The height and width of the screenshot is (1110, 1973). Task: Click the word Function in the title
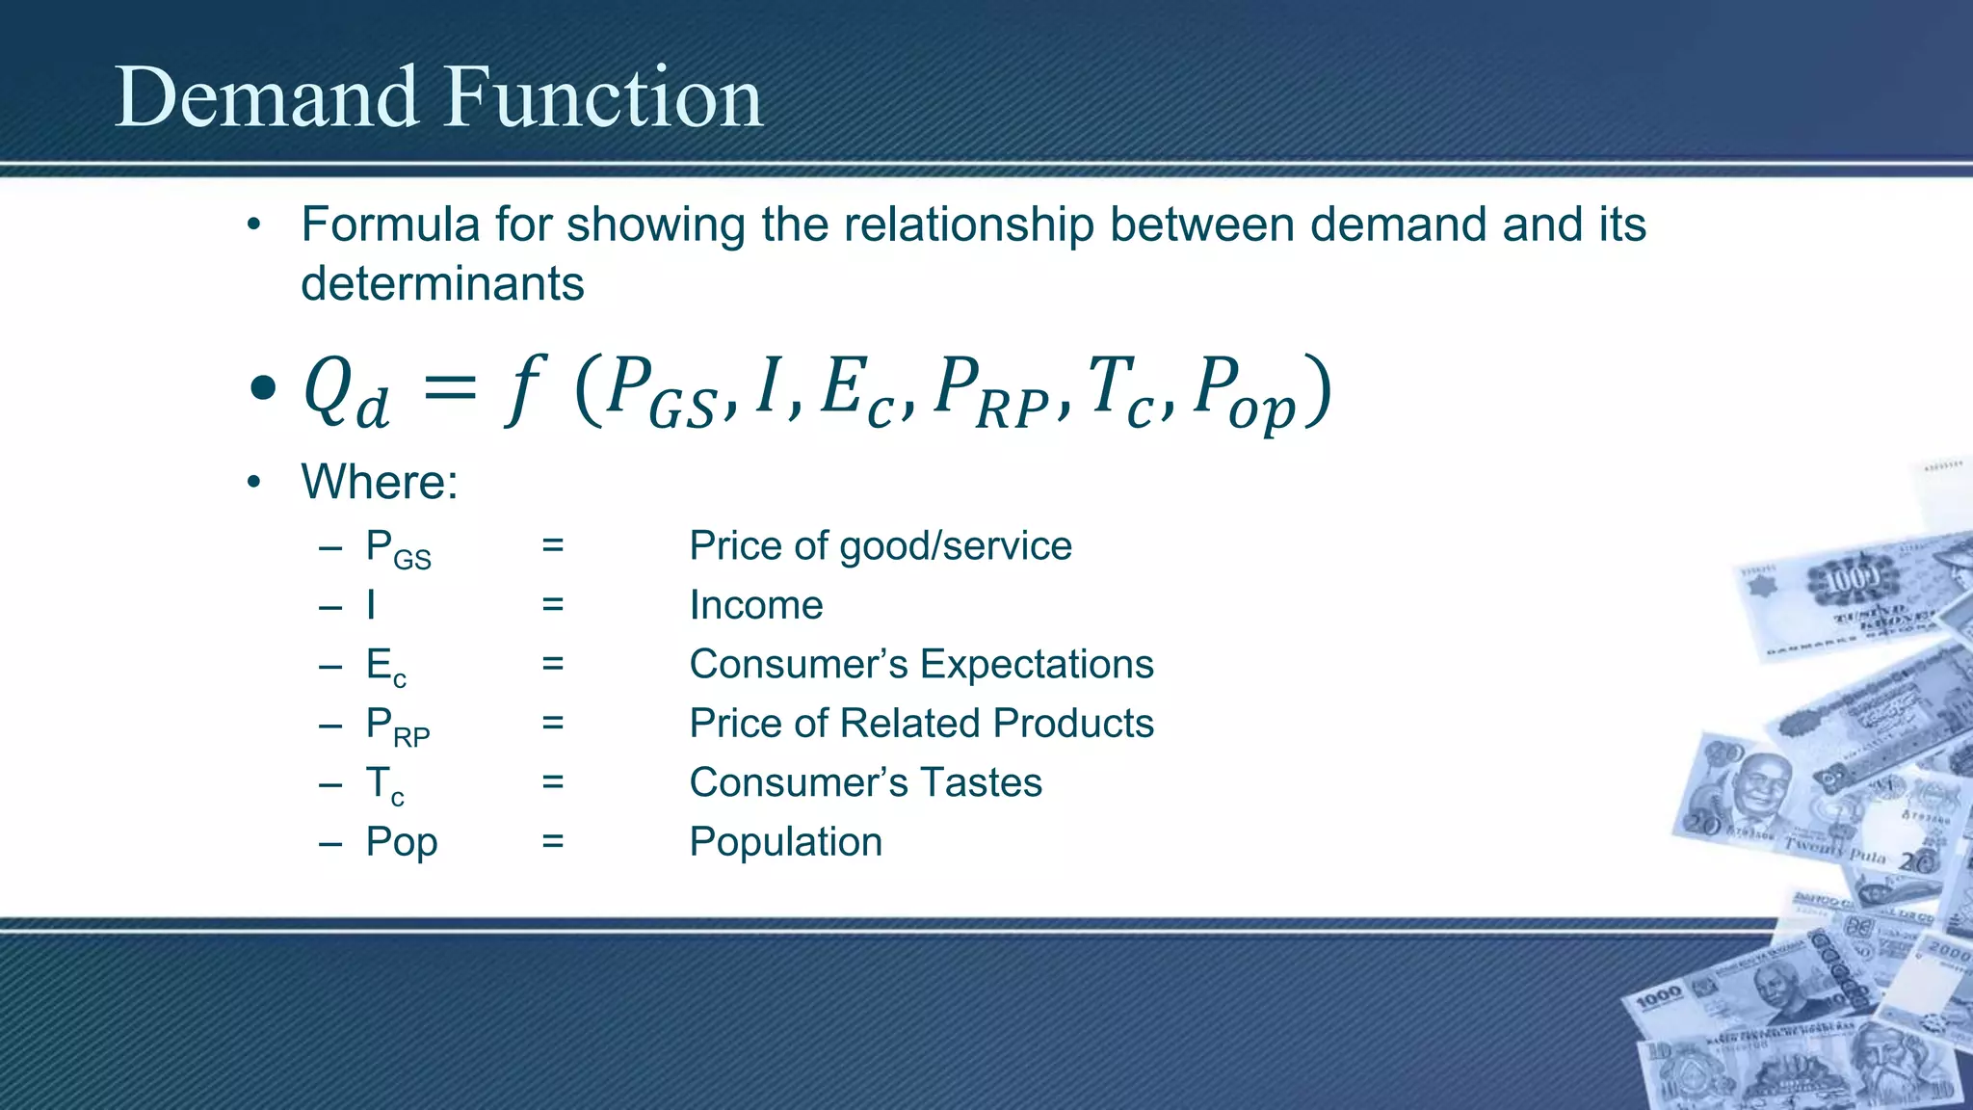603,98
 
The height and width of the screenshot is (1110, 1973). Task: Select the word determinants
442,284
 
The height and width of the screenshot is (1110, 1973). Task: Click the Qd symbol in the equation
345,391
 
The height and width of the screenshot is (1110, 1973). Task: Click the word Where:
380,482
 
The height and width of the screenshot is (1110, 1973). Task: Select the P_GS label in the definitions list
398,549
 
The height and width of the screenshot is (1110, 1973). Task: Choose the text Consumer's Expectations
921,665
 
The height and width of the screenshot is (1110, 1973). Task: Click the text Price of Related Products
921,724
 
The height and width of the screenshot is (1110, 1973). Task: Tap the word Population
785,842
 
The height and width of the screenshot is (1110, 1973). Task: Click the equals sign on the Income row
552,605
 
